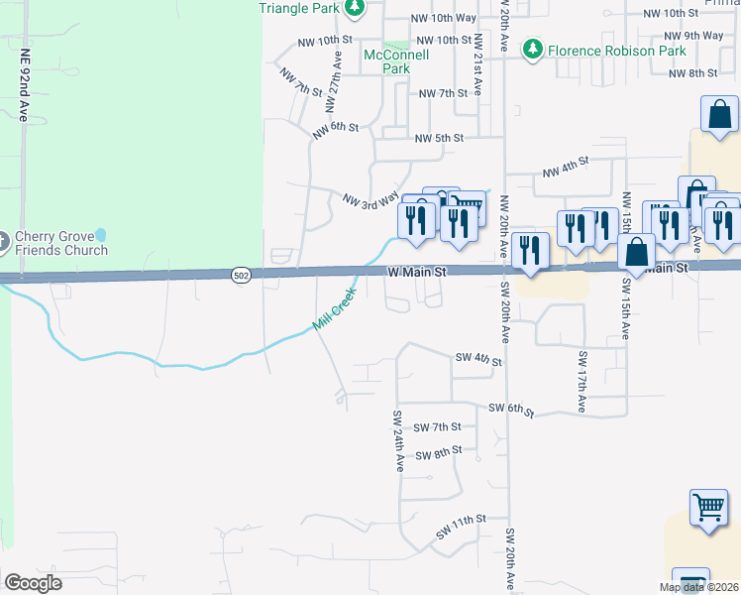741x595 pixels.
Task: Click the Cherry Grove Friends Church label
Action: coord(60,243)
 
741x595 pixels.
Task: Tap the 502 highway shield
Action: coord(240,274)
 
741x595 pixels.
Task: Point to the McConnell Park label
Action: coord(396,61)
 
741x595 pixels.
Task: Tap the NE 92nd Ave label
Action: coord(24,85)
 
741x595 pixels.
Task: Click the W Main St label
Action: coord(413,271)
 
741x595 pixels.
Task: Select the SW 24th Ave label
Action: coord(398,440)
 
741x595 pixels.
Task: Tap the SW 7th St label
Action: coord(438,426)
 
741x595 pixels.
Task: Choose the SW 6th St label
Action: coord(511,410)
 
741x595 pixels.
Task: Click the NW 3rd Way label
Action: coord(370,201)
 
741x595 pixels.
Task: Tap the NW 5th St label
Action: coord(439,139)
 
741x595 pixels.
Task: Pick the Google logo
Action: coord(32,582)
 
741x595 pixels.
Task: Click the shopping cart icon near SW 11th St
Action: coord(709,508)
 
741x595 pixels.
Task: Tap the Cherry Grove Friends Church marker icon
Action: coord(5,240)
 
